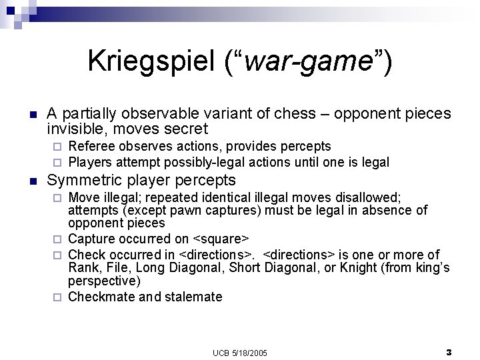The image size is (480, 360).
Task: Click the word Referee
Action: click(90, 146)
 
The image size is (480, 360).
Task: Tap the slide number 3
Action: click(449, 351)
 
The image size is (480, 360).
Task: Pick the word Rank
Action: click(83, 268)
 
